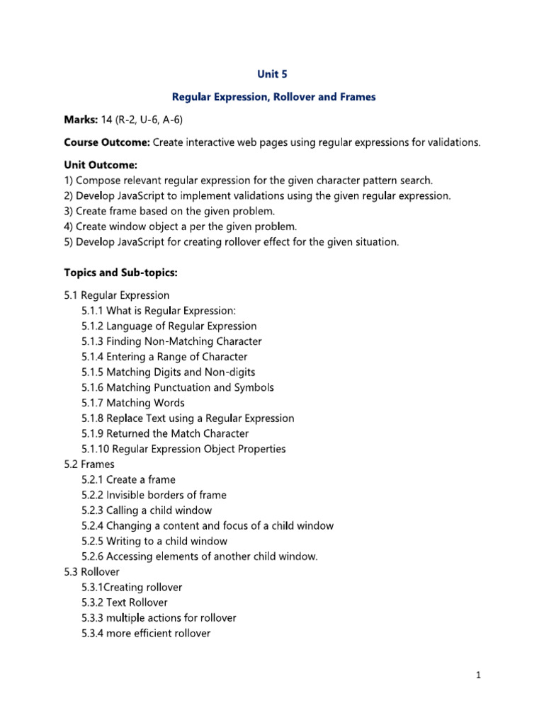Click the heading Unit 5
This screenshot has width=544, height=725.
pos(272,74)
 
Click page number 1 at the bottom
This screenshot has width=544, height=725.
pos(479,675)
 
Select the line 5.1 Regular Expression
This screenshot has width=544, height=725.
pos(116,295)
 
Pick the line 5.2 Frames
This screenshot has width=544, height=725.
pos(89,464)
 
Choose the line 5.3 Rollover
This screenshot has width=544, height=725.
pos(91,571)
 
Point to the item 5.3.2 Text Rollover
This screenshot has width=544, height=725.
pos(125,603)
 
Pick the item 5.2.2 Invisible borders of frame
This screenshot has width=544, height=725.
pos(154,495)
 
